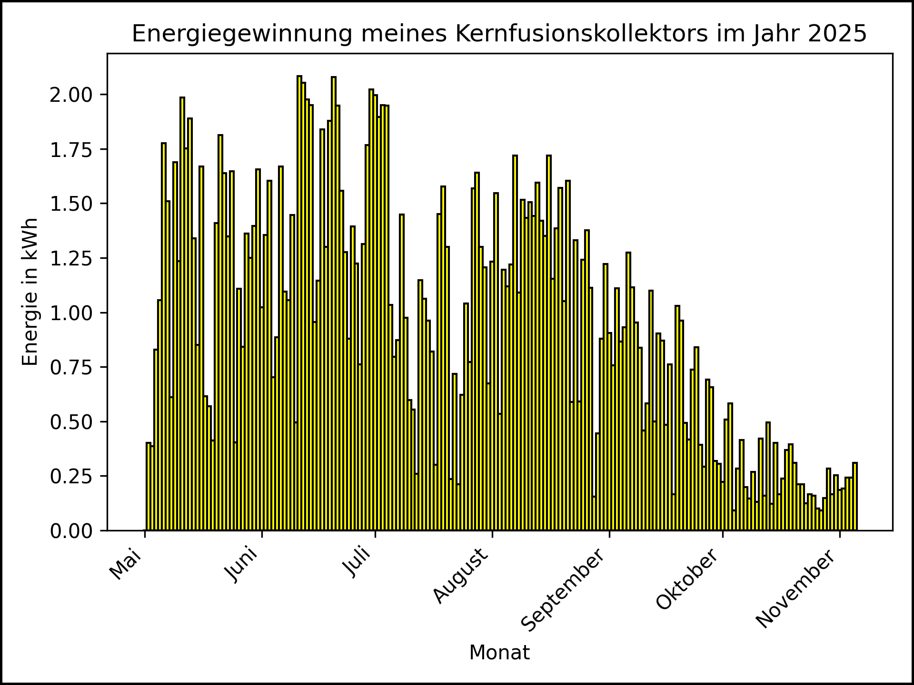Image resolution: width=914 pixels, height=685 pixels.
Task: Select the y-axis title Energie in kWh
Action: click(x=30, y=292)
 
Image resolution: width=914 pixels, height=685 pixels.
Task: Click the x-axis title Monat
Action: click(x=499, y=653)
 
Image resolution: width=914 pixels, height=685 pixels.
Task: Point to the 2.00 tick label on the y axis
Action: click(x=71, y=95)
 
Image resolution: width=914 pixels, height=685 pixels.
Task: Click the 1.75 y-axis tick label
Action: click(x=71, y=149)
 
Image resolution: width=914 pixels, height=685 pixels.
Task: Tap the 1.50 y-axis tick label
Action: click(x=71, y=204)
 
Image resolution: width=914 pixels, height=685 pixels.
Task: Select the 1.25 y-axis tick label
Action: click(x=71, y=258)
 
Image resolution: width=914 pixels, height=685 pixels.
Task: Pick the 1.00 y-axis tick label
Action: click(x=71, y=313)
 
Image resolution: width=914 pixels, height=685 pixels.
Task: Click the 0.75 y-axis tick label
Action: click(x=71, y=367)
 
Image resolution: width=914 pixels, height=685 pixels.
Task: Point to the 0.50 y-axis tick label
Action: click(x=71, y=422)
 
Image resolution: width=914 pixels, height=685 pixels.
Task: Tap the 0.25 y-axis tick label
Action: click(x=71, y=476)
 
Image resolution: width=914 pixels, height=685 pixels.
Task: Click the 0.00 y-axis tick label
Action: click(x=71, y=531)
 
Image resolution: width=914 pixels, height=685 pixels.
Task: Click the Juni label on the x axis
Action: click(x=242, y=565)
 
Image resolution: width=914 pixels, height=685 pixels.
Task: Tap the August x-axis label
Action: click(x=460, y=576)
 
